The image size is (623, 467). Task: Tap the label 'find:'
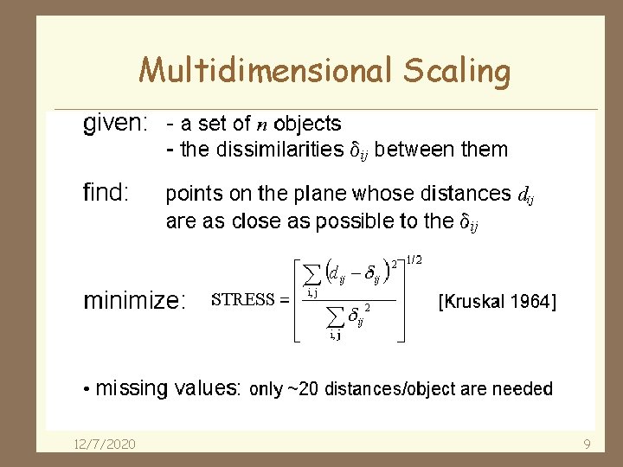[x=106, y=192]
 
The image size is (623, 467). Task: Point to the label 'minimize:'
[x=134, y=301]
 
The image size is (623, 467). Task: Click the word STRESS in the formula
[x=243, y=301]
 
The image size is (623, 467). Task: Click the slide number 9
[x=587, y=444]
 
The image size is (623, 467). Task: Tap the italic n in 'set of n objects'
[x=262, y=125]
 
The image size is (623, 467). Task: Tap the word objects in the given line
[x=307, y=125]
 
